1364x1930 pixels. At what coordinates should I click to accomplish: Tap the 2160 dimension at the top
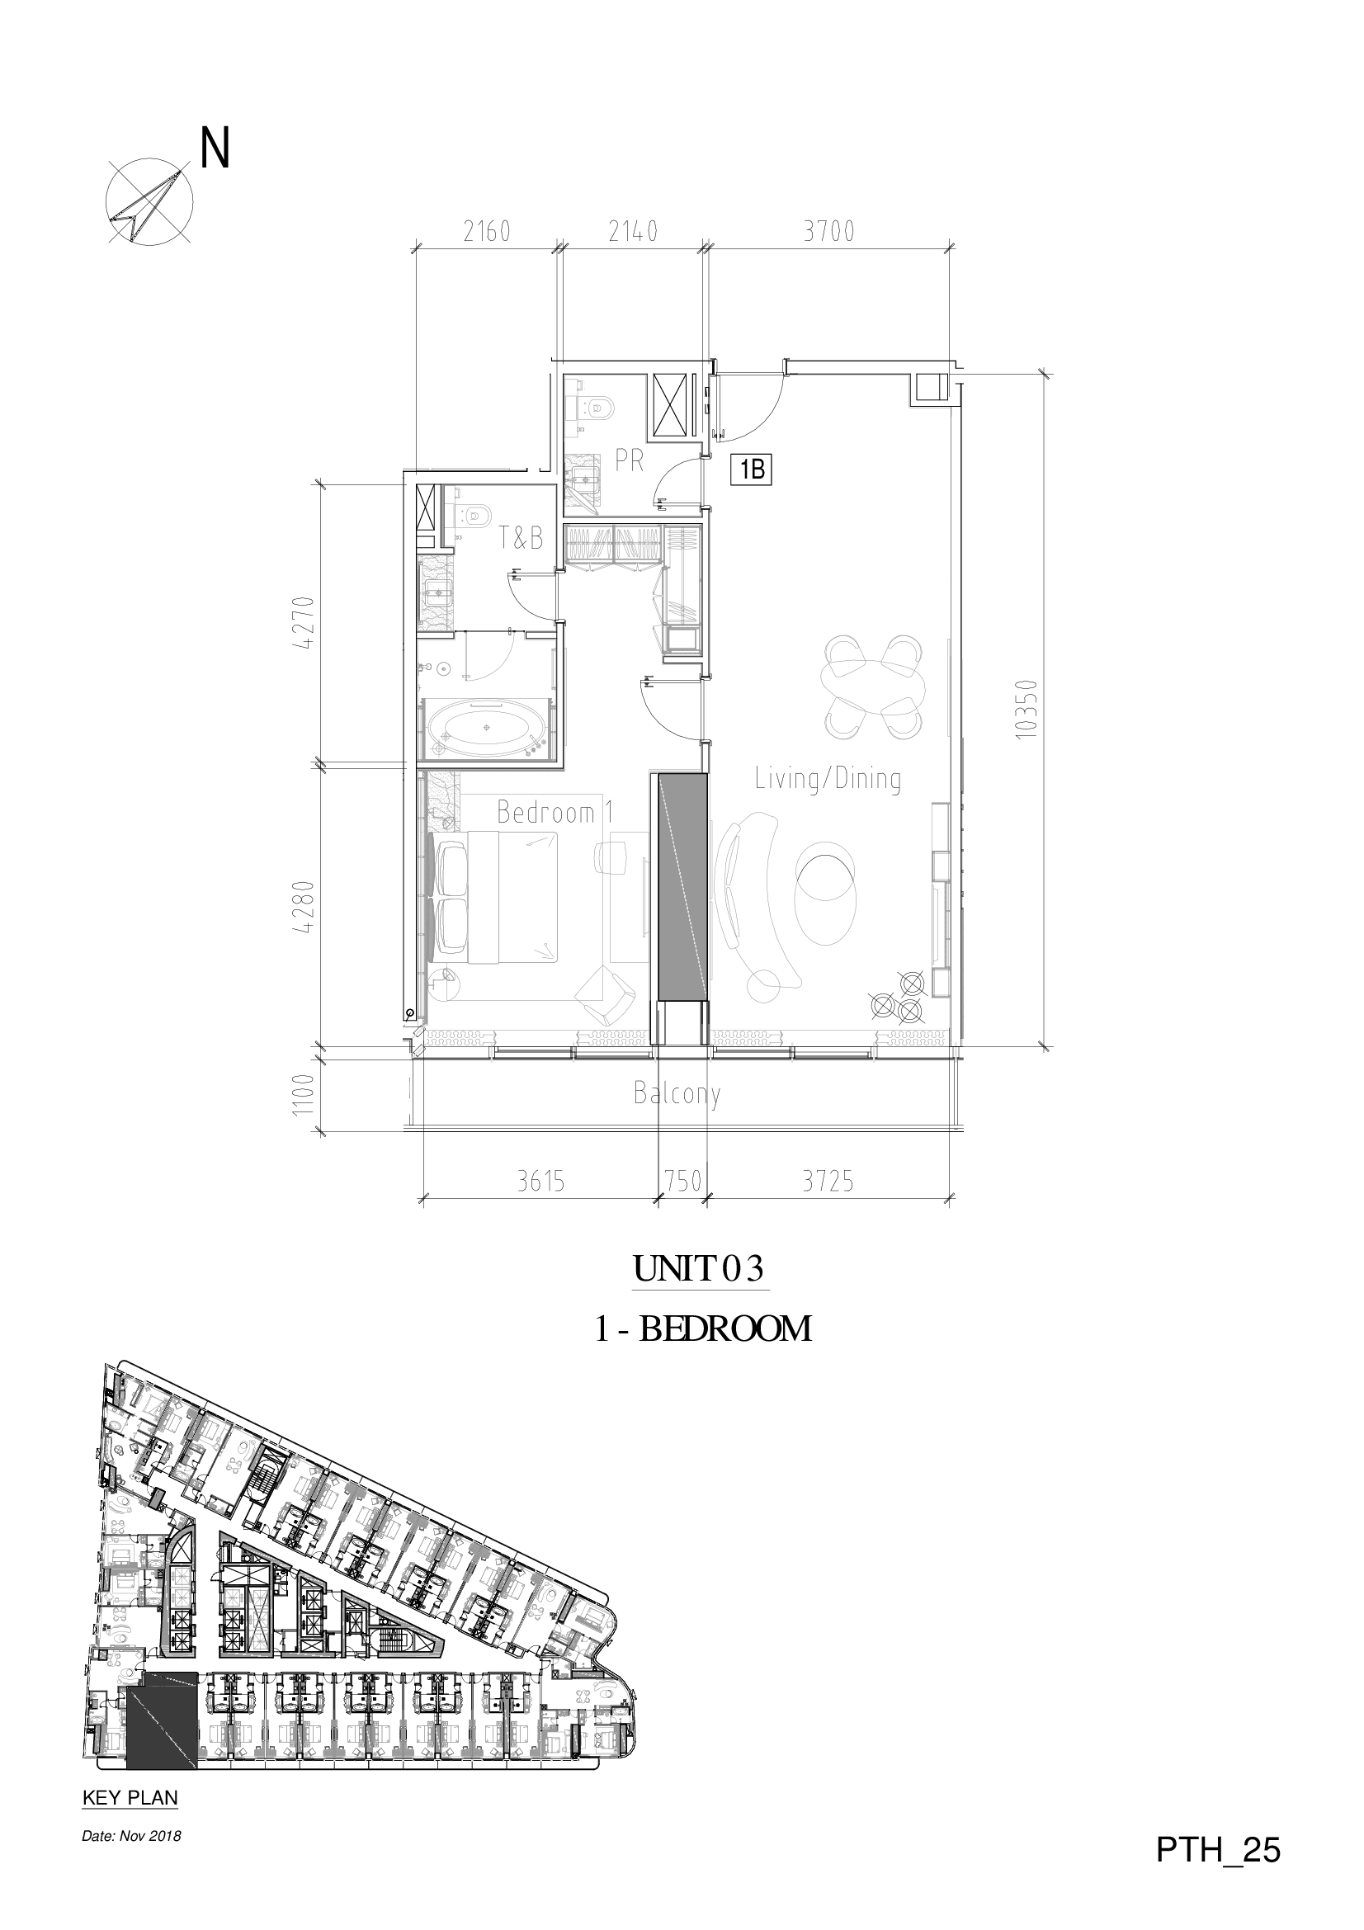(x=488, y=231)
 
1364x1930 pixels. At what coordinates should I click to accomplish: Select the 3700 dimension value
(x=828, y=231)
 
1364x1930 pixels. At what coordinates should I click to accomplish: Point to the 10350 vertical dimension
(x=1027, y=709)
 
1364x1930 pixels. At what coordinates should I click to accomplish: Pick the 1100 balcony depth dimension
(x=304, y=1092)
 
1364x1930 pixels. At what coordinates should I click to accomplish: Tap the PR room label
(x=630, y=460)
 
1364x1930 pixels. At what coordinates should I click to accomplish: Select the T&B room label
(x=521, y=539)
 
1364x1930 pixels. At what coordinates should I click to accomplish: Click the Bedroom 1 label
(x=555, y=812)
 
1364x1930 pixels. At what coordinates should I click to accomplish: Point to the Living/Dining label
(x=828, y=779)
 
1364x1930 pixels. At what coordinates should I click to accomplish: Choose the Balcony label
(x=677, y=1094)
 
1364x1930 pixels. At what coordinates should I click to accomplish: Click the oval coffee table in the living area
(x=826, y=889)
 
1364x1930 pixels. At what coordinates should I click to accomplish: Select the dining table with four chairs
(x=874, y=687)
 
